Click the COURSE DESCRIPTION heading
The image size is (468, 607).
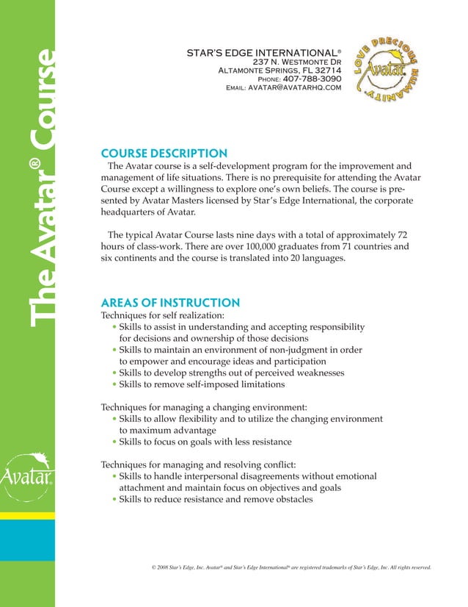pos(164,153)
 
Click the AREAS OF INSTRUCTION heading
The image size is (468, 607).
pos(169,303)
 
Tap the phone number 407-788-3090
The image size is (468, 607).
pos(312,79)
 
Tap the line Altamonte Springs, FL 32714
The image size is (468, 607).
pos(279,71)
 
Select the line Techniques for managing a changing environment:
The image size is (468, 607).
pos(203,406)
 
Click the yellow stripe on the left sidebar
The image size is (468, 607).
pos(28,515)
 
